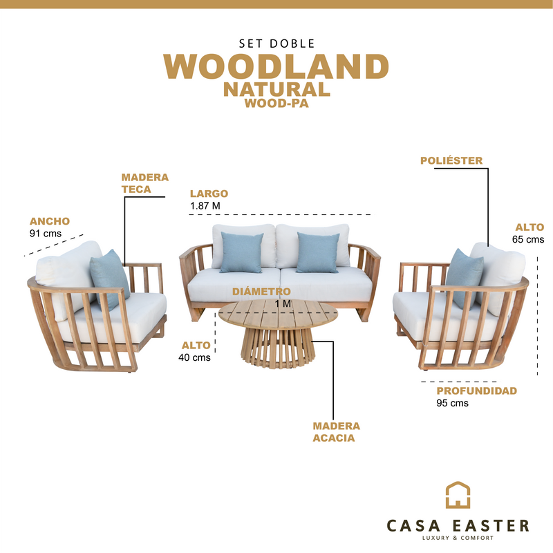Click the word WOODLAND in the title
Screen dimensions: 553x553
click(276, 67)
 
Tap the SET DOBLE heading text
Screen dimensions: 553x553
click(276, 42)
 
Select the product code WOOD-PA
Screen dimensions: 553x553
click(276, 104)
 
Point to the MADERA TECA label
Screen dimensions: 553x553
click(144, 183)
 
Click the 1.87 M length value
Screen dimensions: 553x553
click(205, 206)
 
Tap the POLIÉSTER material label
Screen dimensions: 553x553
click(451, 161)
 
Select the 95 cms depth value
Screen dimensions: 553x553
click(452, 403)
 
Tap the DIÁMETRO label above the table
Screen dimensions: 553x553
click(261, 292)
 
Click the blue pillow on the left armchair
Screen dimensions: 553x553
click(109, 277)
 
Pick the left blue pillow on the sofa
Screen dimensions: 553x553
click(242, 252)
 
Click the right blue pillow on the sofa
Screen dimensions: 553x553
click(318, 252)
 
